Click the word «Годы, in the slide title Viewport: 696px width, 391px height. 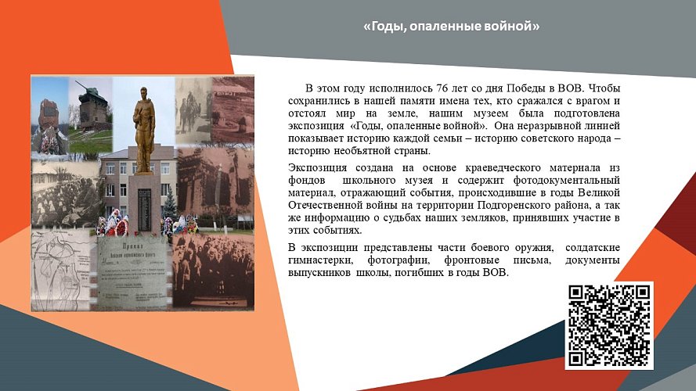click(x=384, y=27)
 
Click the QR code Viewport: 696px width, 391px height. click(x=608, y=325)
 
